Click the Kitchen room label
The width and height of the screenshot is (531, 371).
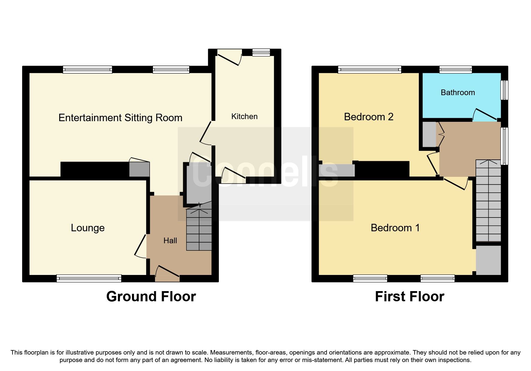[x=244, y=116]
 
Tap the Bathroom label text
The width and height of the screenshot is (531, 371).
[x=458, y=92]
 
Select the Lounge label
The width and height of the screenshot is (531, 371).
[x=88, y=228]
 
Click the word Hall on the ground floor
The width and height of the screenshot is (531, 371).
[x=170, y=241]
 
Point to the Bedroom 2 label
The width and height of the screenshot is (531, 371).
[x=368, y=117]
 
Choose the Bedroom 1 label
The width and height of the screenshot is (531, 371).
[x=395, y=228]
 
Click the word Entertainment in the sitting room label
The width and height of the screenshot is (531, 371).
[x=90, y=118]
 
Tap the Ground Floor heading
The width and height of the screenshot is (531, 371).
[x=151, y=297]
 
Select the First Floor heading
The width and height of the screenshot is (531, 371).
[x=409, y=297]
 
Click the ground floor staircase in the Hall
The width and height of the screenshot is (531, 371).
[x=199, y=229]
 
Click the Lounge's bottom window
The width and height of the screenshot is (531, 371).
[x=89, y=278]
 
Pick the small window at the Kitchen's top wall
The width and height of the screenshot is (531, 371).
[x=261, y=53]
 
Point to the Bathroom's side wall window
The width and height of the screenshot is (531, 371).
[x=505, y=90]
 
